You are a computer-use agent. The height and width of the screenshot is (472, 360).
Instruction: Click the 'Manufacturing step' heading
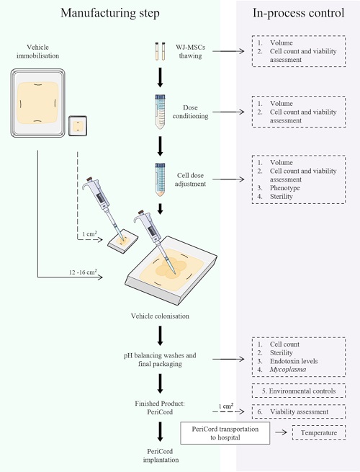pyautogui.click(x=110, y=13)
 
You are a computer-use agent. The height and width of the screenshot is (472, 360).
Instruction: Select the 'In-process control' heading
pyautogui.click(x=298, y=13)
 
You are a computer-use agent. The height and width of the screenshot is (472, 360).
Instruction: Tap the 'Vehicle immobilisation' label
pyautogui.click(x=37, y=51)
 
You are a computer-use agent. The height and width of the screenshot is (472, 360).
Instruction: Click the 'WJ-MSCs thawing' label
pyautogui.click(x=190, y=51)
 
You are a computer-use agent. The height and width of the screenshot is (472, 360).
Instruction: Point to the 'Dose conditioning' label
pyautogui.click(x=190, y=112)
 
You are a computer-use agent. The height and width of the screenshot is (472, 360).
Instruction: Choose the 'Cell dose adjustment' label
pyautogui.click(x=190, y=179)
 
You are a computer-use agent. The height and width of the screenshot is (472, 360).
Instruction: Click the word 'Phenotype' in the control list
pyautogui.click(x=284, y=188)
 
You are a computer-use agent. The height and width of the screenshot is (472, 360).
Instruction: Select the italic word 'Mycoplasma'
pyautogui.click(x=288, y=370)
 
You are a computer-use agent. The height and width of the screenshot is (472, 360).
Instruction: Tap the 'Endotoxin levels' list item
pyautogui.click(x=294, y=361)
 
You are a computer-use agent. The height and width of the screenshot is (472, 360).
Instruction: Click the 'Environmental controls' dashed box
pyautogui.click(x=299, y=391)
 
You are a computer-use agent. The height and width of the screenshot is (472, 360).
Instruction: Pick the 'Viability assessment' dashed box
pyautogui.click(x=299, y=411)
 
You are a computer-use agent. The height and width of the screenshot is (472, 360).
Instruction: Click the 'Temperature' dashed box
pyautogui.click(x=319, y=432)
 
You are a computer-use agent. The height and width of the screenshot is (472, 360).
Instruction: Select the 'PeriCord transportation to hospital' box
pyautogui.click(x=225, y=433)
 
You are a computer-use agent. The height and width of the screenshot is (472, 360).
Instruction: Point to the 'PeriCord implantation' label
pyautogui.click(x=161, y=455)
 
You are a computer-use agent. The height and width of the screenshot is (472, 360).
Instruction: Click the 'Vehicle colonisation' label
pyautogui.click(x=160, y=316)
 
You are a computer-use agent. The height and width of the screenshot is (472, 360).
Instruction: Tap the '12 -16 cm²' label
pyautogui.click(x=83, y=272)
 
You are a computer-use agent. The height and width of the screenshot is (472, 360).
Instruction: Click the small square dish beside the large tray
pyautogui.click(x=78, y=126)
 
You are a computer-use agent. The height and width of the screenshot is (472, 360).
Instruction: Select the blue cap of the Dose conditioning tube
pyautogui.click(x=160, y=97)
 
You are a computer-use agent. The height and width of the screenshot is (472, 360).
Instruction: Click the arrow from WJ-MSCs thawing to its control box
pyautogui.click(x=228, y=51)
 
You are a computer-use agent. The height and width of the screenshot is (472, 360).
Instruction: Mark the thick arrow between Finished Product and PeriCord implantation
pyautogui.click(x=160, y=432)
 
